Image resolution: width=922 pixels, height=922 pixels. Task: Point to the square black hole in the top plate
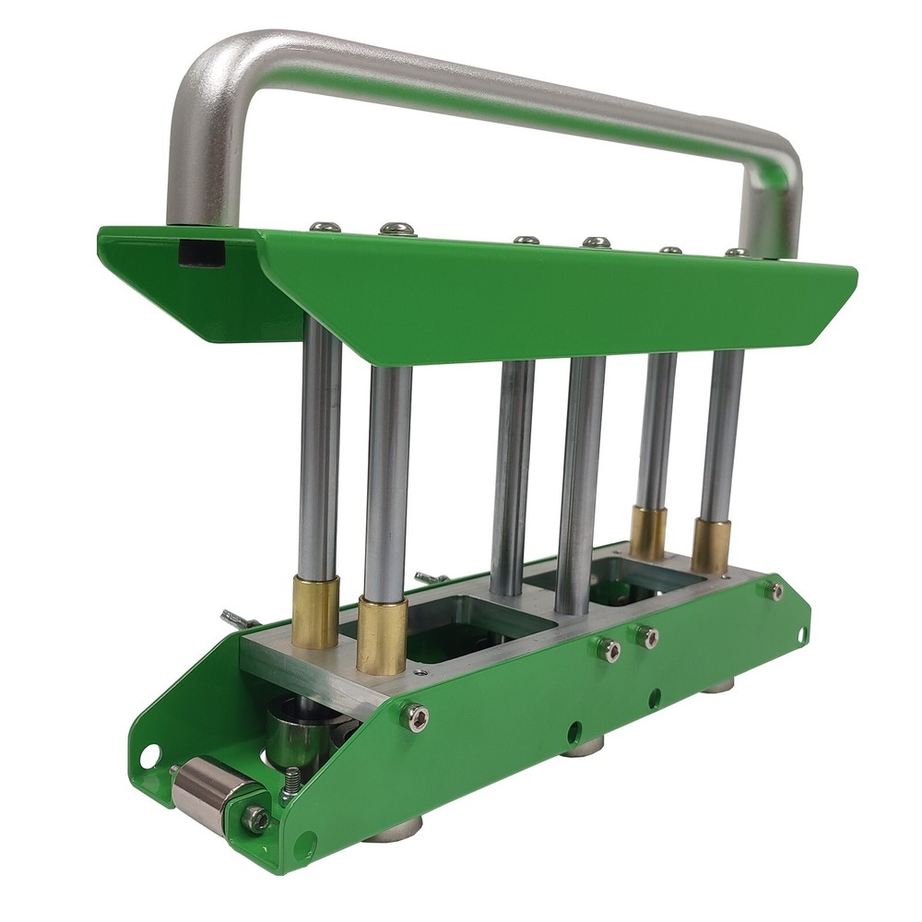click(x=201, y=251)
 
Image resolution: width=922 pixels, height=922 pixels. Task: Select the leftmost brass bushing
click(x=315, y=612)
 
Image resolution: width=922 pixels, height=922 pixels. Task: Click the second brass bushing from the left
click(x=382, y=635)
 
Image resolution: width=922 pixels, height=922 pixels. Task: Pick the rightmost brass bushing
click(x=711, y=547)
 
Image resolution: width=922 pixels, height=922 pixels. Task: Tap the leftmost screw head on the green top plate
click(x=325, y=226)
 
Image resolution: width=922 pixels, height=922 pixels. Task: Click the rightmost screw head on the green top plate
click(x=736, y=252)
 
